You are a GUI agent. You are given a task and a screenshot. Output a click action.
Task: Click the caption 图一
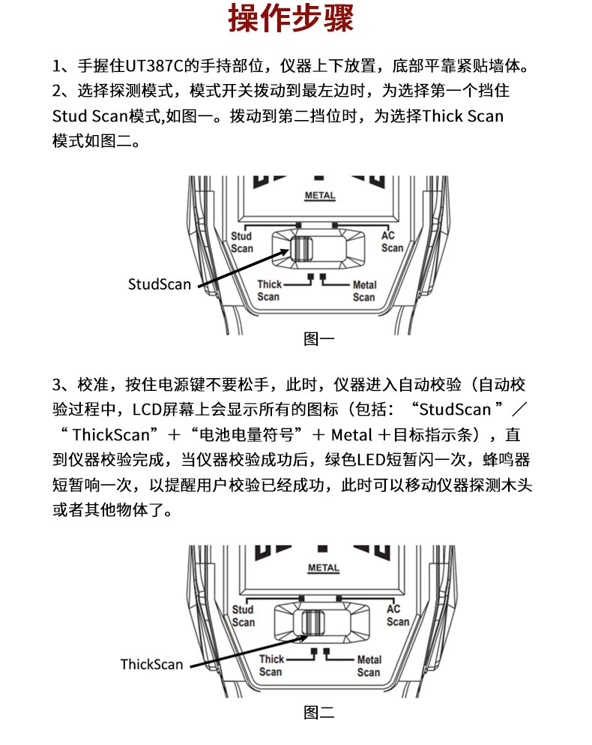click(318, 339)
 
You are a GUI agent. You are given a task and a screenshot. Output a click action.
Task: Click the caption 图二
click(318, 713)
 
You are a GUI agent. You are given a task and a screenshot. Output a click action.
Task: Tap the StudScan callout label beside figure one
click(160, 284)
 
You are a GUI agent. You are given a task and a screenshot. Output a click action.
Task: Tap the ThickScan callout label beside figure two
click(151, 664)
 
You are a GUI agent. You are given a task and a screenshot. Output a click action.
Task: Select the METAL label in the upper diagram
click(320, 197)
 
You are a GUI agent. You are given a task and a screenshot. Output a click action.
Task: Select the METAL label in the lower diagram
click(324, 568)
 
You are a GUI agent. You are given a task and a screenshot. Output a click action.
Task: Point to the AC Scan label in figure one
click(392, 242)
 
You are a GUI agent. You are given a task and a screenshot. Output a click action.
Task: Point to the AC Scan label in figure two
click(397, 615)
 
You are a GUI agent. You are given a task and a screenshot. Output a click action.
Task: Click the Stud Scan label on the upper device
click(242, 242)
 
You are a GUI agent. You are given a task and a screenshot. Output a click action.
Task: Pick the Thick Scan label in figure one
click(269, 290)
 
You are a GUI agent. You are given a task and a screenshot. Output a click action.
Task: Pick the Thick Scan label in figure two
click(271, 665)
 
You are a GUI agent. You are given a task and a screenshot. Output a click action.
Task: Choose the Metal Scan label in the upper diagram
click(364, 291)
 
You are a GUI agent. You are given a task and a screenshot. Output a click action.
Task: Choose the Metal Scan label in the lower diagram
click(369, 666)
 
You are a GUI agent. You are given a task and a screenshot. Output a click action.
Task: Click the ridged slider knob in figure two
click(313, 622)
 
